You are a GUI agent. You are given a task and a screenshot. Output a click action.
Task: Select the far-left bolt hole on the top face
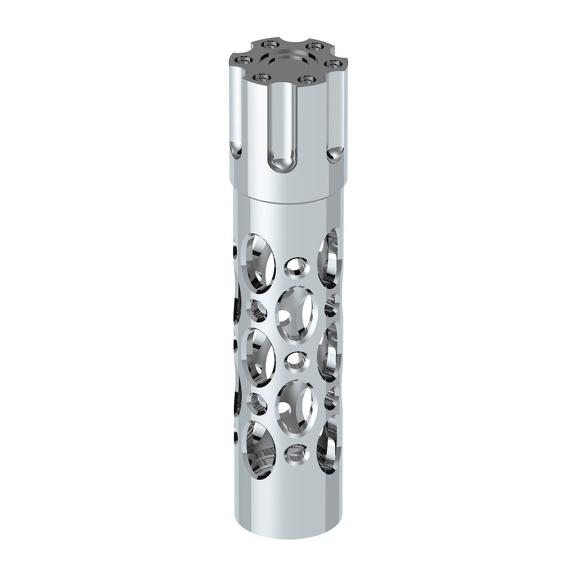tap(243, 58)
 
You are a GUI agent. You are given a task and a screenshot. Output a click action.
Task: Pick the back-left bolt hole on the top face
tap(272, 43)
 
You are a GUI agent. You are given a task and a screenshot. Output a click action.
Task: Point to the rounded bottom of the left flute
tap(234, 149)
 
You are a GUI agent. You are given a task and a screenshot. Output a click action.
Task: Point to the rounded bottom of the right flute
tap(335, 152)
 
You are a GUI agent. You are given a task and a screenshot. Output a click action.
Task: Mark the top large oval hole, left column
tap(258, 264)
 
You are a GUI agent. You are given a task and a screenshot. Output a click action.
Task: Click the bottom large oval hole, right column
tap(329, 445)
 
